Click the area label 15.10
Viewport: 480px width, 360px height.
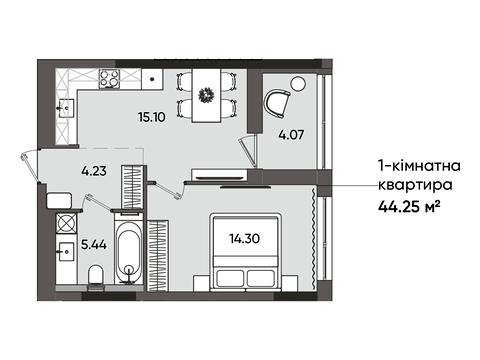click(152, 117)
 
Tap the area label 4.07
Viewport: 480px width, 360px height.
click(291, 135)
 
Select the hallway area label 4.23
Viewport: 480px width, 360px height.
click(94, 171)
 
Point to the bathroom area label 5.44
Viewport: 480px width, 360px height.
click(94, 245)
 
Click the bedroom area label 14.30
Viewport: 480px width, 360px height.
click(245, 238)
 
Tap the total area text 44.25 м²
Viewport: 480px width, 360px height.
click(409, 207)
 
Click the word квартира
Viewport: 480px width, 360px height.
click(415, 185)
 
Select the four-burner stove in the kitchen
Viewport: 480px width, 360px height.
click(109, 79)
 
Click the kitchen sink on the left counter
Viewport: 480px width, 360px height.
click(66, 108)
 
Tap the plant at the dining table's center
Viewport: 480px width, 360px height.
click(206, 95)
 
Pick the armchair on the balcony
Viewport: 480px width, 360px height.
click(278, 103)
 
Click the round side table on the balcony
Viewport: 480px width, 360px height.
click(298, 84)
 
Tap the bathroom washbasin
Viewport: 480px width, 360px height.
click(66, 251)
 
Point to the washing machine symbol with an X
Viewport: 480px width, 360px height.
click(67, 223)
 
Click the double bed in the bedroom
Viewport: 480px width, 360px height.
click(246, 252)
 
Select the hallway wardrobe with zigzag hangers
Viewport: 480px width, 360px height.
click(133, 187)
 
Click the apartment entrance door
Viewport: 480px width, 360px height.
click(30, 167)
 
